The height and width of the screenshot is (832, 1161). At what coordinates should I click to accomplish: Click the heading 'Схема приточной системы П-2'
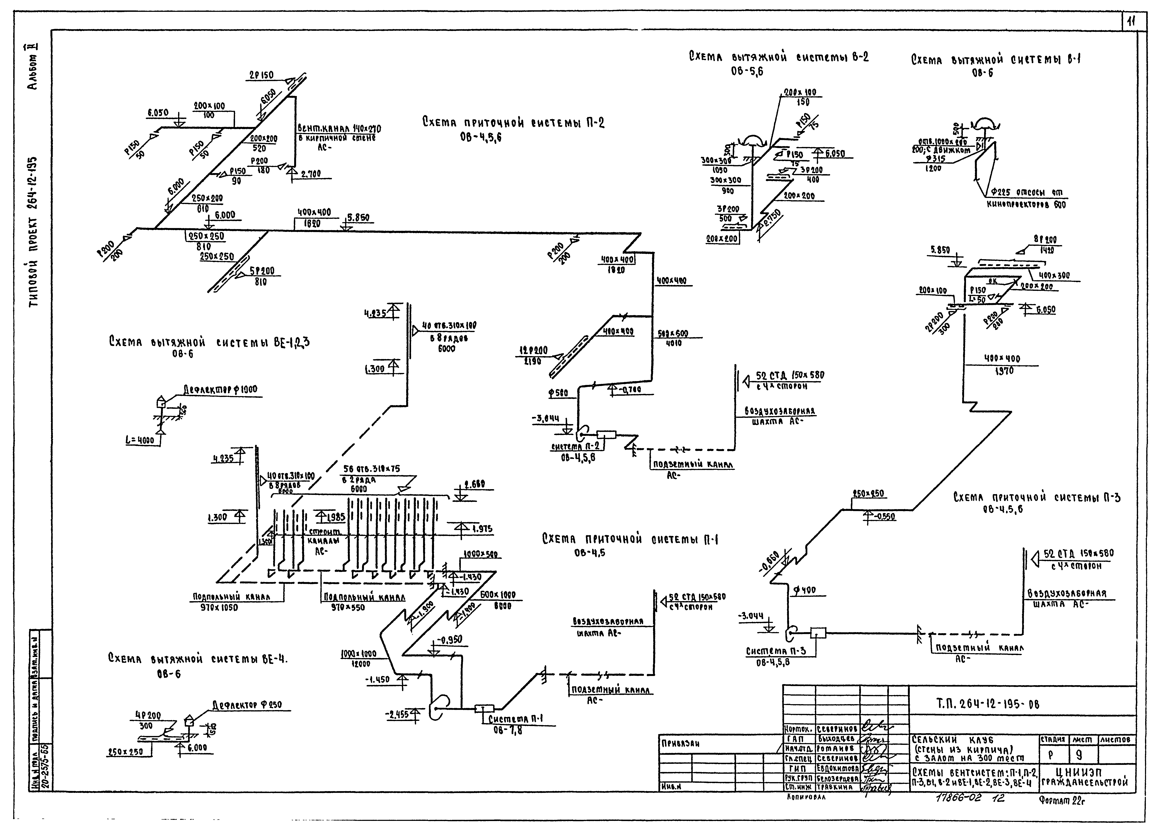(513, 123)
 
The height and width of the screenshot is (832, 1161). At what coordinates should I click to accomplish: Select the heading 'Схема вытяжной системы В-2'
(778, 57)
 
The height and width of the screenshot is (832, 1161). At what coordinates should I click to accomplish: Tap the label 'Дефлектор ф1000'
(220, 390)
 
